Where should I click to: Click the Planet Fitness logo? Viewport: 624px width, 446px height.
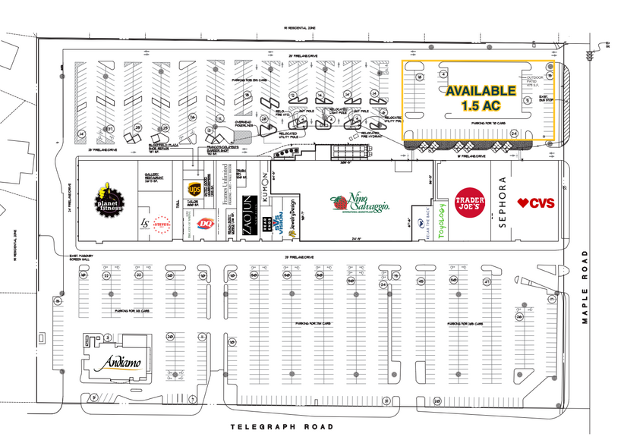tap(109, 199)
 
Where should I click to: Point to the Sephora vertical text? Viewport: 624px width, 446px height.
tap(502, 203)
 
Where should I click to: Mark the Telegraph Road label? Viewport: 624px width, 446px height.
tap(282, 427)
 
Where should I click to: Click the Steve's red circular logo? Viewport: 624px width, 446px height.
tap(160, 224)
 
